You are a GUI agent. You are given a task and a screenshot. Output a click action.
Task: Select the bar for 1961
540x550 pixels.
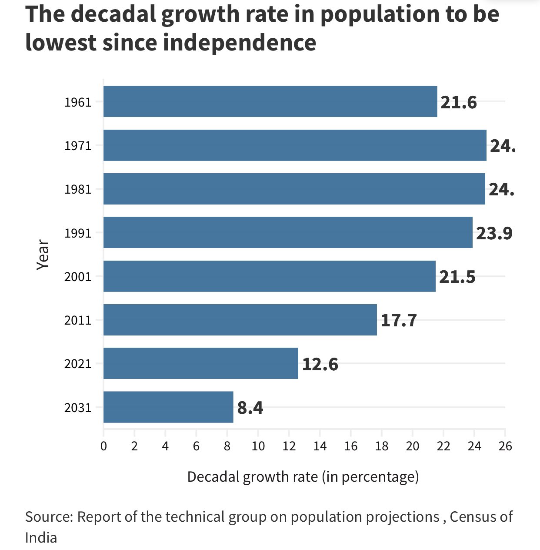click(270, 101)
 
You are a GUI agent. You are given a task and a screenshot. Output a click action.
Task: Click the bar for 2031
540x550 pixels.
click(168, 407)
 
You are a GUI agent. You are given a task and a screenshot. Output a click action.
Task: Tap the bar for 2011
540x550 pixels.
click(240, 320)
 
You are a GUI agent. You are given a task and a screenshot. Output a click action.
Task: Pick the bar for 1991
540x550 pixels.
click(288, 232)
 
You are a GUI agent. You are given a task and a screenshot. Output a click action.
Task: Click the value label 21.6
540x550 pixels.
click(458, 102)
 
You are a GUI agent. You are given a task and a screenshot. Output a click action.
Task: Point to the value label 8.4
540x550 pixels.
click(250, 408)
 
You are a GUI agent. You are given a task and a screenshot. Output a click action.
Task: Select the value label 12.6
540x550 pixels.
click(320, 364)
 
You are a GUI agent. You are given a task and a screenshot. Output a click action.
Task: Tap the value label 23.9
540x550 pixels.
click(494, 233)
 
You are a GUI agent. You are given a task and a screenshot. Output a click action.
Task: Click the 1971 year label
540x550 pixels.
click(78, 146)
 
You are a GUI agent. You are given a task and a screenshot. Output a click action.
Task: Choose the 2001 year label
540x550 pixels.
click(78, 277)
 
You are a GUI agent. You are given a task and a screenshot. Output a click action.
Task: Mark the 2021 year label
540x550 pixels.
click(78, 364)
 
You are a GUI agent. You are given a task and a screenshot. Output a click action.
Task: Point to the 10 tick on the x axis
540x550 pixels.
click(258, 446)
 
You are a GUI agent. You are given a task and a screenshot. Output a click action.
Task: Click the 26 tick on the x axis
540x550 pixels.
click(505, 446)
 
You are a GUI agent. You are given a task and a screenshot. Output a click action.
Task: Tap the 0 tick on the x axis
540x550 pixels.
click(103, 446)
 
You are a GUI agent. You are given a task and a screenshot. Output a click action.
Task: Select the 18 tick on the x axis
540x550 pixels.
click(382, 446)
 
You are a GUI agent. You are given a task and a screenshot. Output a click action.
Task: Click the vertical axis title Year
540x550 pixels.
click(43, 255)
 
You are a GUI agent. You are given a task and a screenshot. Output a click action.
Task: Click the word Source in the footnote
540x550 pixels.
click(49, 517)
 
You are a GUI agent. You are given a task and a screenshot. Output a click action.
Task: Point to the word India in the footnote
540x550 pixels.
click(41, 538)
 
